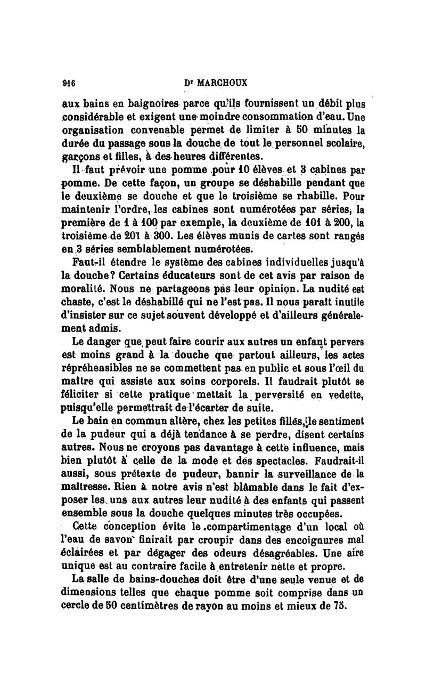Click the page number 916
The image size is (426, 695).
(68, 83)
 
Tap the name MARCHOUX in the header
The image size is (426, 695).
(218, 83)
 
